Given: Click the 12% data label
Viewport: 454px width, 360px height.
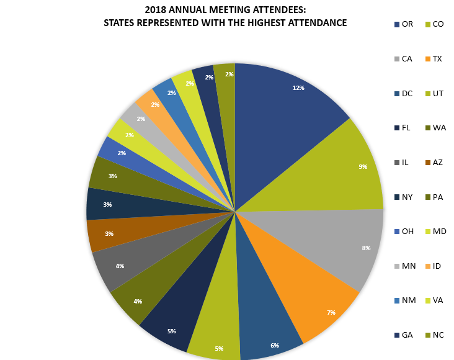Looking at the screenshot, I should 298,88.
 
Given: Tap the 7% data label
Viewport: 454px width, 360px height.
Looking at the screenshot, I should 331,312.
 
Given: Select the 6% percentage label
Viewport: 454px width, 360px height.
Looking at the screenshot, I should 275,345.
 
